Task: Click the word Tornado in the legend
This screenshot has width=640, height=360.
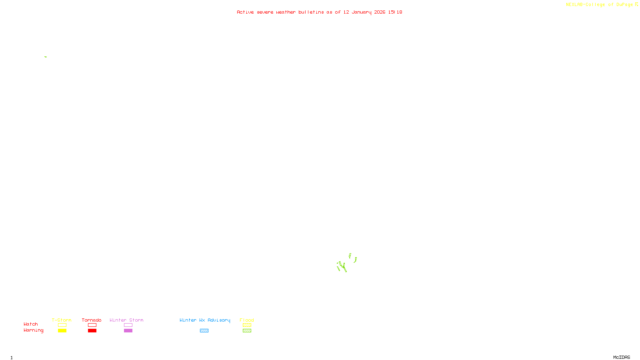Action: click(x=92, y=320)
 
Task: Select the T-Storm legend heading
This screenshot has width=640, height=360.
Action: click(x=62, y=320)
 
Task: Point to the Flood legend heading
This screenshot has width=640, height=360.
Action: click(x=247, y=320)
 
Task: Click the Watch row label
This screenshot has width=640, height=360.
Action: click(x=31, y=324)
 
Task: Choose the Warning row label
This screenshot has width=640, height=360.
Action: click(x=34, y=330)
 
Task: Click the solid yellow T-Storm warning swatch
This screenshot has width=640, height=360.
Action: click(x=62, y=331)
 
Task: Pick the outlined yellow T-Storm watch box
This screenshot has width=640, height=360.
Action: click(x=62, y=325)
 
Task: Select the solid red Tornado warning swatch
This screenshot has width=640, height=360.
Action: click(x=92, y=331)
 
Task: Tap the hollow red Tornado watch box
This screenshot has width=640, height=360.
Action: click(x=92, y=325)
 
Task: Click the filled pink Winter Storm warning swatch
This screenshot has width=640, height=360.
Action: click(x=128, y=331)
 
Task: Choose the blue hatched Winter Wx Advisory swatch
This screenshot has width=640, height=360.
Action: click(x=204, y=331)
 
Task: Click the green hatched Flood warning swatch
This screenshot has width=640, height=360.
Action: click(x=247, y=331)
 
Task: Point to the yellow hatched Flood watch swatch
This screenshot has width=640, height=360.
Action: click(x=247, y=325)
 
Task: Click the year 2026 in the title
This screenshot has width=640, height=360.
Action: click(x=380, y=12)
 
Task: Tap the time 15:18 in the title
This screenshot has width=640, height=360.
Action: click(x=395, y=12)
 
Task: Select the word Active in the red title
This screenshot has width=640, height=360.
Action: click(x=245, y=12)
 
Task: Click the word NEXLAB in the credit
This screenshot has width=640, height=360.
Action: click(x=574, y=4)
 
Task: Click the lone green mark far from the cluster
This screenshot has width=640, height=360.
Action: click(x=46, y=57)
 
